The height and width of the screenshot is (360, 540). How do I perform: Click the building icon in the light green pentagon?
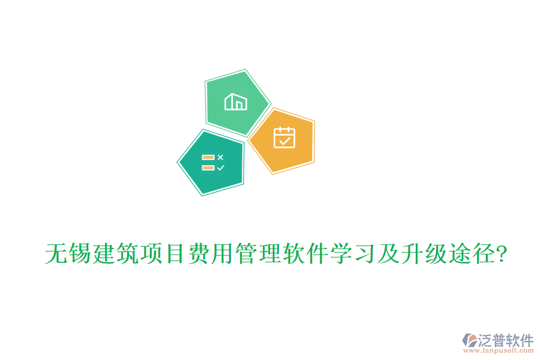coord(235,101)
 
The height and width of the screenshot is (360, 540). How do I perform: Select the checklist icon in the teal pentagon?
coord(213,162)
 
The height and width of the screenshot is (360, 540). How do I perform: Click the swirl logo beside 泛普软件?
coord(469,340)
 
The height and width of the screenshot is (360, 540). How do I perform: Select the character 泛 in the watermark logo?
coord(485,340)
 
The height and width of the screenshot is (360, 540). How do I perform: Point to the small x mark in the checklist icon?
coord(220,157)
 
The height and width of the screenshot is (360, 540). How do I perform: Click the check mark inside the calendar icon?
coord(284,142)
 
